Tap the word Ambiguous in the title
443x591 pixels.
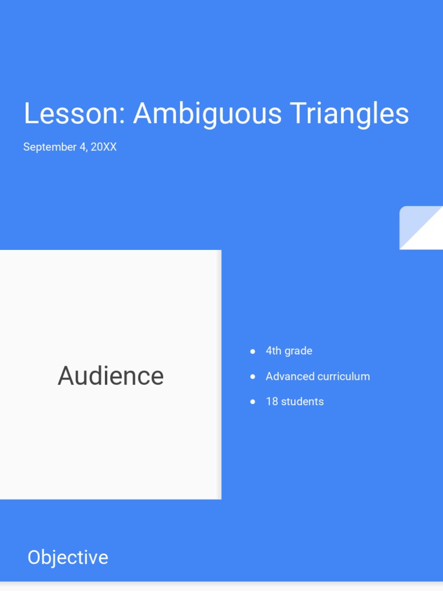point(207,114)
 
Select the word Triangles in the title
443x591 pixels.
point(349,114)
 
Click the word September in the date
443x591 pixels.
point(50,147)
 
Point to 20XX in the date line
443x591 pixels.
point(104,147)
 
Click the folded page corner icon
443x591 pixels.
point(421,227)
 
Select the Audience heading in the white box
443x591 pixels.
point(111,376)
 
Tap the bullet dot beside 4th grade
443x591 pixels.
point(253,351)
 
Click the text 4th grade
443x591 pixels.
point(288,351)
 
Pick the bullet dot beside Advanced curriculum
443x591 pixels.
point(253,376)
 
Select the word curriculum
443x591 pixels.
point(343,376)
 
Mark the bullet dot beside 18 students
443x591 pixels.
point(253,402)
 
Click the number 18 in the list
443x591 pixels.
point(272,402)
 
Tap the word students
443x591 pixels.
point(302,402)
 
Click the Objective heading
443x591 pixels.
point(67,558)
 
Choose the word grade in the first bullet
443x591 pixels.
point(299,351)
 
